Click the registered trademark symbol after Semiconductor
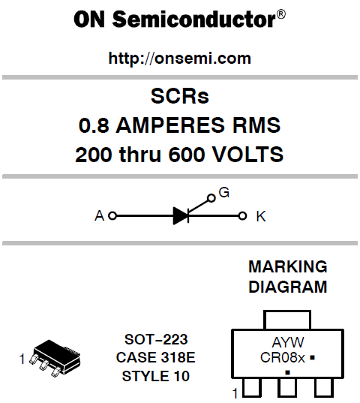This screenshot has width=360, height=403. tap(281, 14)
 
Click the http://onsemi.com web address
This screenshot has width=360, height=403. tap(180, 59)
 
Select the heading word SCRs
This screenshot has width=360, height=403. tap(180, 96)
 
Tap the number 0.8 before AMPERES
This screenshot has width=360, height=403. tap(94, 125)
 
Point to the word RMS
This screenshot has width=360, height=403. tap(256, 125)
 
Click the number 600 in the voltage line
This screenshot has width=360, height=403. tap(187, 154)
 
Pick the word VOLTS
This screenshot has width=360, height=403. tap(248, 154)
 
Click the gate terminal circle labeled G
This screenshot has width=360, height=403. tap(211, 198)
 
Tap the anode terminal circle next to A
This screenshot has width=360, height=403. tap(112, 216)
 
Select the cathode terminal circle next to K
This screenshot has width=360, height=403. tap(242, 216)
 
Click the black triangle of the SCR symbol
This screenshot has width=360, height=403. tap(181, 216)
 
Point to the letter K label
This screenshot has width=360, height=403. tap(261, 216)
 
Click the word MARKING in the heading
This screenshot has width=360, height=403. tap(288, 266)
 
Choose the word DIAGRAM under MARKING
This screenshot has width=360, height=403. tap(288, 287)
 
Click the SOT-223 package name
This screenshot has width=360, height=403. tap(156, 339)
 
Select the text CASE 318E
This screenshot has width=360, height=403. tap(155, 357)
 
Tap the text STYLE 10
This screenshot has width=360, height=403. tap(156, 376)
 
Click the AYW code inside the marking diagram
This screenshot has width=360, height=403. tap(288, 342)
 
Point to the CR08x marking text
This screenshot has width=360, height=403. tap(283, 357)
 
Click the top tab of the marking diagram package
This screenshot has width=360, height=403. tap(287, 311)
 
